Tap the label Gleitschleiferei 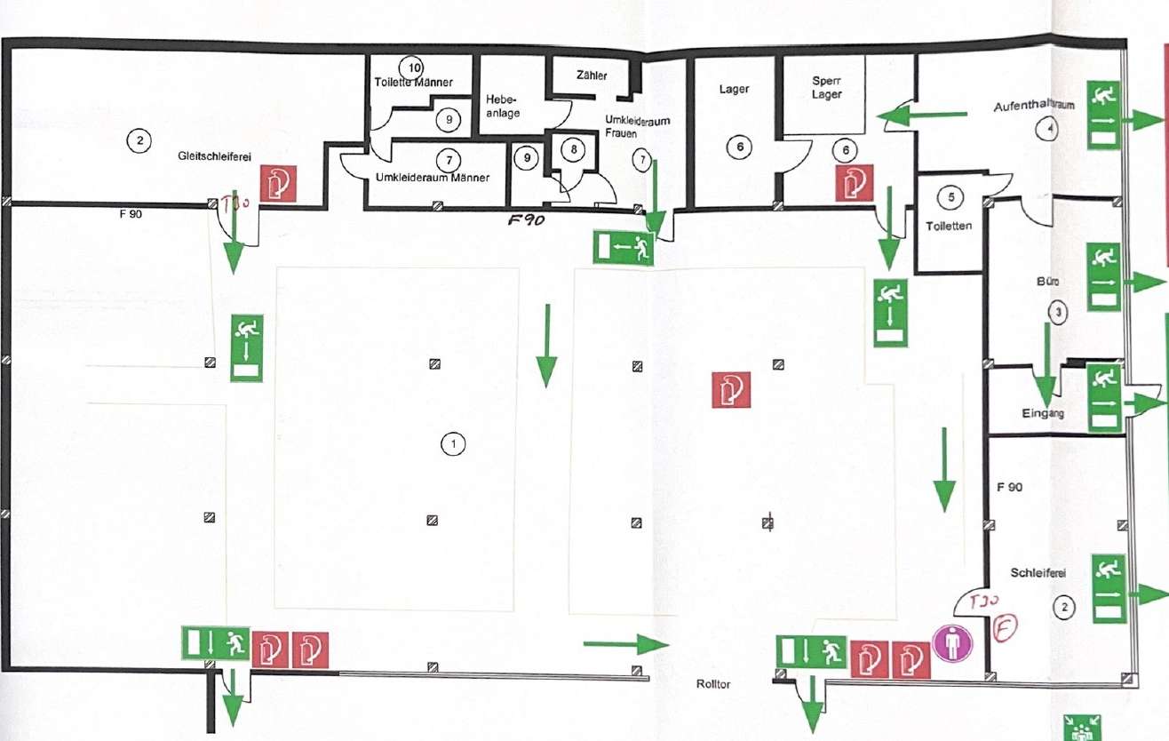(x=213, y=155)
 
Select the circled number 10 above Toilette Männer (x=410, y=67)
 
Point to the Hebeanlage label (x=503, y=106)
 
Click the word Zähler (x=591, y=76)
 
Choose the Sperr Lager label (x=826, y=87)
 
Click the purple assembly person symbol (x=953, y=641)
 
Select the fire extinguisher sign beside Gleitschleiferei (x=278, y=183)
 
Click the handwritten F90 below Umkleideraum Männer (x=526, y=221)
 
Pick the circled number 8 (x=575, y=149)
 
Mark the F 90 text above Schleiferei (x=1010, y=488)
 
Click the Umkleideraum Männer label (x=432, y=178)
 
